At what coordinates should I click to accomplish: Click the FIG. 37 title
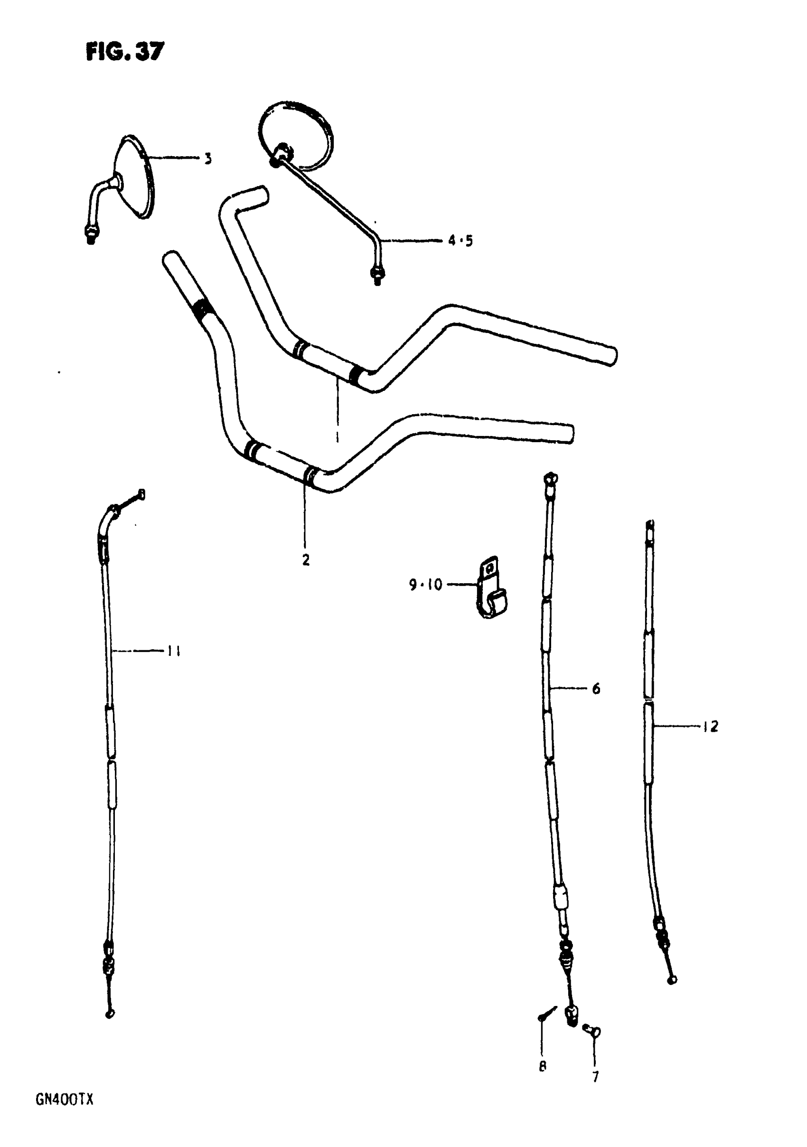[x=125, y=51]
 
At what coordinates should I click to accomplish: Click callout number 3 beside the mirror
[x=208, y=159]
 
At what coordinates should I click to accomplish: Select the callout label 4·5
[x=460, y=241]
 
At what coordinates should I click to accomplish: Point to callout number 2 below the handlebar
[x=306, y=560]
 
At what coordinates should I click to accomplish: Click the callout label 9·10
[x=426, y=584]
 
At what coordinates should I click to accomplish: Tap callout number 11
[x=173, y=651]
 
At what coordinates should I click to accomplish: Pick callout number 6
[x=596, y=689]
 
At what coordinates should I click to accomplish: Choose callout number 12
[x=710, y=726]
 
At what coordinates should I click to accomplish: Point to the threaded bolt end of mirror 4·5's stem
[x=377, y=275]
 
